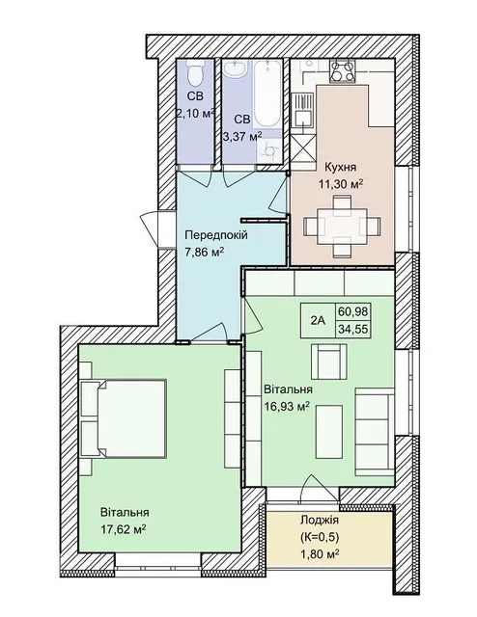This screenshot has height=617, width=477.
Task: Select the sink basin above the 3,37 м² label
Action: click(x=236, y=68)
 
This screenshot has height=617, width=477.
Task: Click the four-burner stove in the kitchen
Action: click(x=342, y=71)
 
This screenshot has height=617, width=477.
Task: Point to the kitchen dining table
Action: click(x=342, y=227)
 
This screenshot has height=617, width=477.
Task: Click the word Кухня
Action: click(x=340, y=167)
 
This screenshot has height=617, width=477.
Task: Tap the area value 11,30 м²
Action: click(x=341, y=183)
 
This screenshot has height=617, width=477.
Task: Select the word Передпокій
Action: click(x=216, y=235)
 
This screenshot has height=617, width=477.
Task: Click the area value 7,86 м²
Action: click(x=204, y=252)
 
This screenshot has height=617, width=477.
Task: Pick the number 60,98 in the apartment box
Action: click(x=352, y=311)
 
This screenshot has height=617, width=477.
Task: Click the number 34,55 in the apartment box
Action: click(x=352, y=329)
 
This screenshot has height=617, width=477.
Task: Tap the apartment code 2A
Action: click(x=318, y=321)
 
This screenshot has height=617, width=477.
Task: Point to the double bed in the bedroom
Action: click(x=123, y=418)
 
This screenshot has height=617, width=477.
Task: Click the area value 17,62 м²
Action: click(x=124, y=529)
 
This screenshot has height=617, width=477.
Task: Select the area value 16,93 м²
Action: click(x=287, y=406)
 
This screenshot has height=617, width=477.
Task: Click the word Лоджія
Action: click(x=320, y=521)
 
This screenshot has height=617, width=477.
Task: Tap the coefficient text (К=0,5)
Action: click(x=320, y=537)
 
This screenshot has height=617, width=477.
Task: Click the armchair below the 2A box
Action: click(x=329, y=362)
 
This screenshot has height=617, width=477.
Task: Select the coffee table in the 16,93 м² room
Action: click(x=329, y=432)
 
